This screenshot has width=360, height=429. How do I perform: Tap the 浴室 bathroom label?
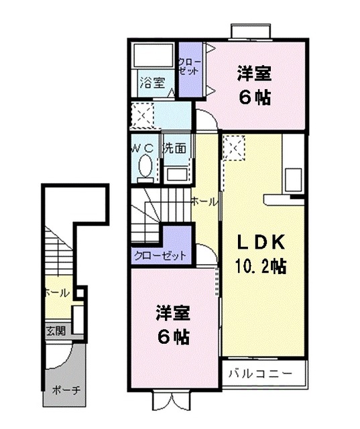(x=152, y=83)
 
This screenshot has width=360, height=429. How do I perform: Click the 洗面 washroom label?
(x=175, y=148)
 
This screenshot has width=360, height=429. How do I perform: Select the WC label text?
(x=143, y=147)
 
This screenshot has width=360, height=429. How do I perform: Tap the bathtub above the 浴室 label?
(x=153, y=55)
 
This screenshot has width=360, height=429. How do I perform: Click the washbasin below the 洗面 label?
(x=177, y=174)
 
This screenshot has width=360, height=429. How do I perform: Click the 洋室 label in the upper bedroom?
(x=253, y=73)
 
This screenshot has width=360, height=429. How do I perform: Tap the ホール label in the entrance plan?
(x=56, y=293)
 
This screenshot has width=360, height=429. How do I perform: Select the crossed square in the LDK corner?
(x=235, y=147)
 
